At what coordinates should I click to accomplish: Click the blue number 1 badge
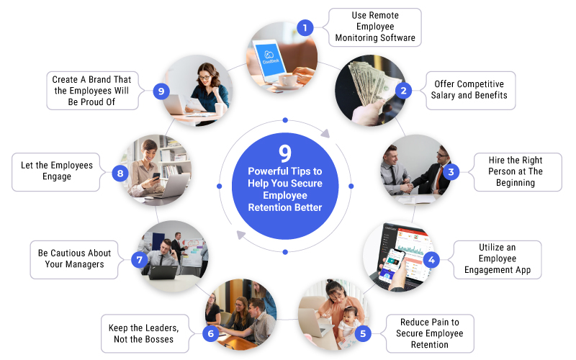coord(305,27)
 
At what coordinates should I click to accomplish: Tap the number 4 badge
coord(431,260)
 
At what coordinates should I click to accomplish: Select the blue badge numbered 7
coord(140,260)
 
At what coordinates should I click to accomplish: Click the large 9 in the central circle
coord(285,153)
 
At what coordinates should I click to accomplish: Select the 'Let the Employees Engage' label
coord(56,172)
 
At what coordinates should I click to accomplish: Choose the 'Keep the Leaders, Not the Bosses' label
coord(145,333)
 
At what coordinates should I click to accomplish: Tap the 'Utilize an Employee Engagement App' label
coord(498,260)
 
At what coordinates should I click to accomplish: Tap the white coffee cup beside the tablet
coord(289,80)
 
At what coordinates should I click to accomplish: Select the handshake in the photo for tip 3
coord(408,187)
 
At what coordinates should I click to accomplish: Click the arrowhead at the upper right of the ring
coord(326,133)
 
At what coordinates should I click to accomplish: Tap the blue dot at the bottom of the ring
coord(285,252)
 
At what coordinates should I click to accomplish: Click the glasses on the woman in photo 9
coord(204,78)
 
